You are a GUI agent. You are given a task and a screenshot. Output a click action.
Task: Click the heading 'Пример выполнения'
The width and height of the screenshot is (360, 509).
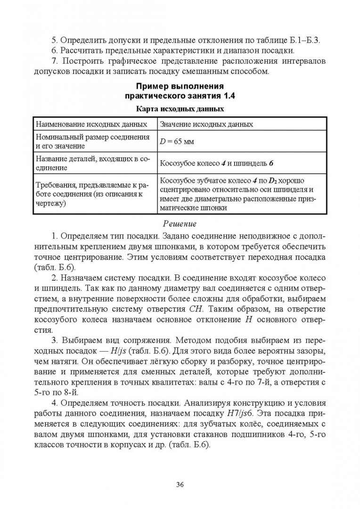(x=180, y=86)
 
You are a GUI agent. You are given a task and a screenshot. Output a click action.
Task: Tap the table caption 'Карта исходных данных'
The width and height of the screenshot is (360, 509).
(x=180, y=108)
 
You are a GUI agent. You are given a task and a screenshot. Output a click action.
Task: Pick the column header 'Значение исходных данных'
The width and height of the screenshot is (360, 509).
(x=206, y=124)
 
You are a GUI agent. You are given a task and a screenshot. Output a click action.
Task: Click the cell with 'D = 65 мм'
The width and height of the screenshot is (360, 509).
(x=177, y=141)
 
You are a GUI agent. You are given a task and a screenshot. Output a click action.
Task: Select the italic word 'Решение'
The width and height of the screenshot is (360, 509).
(x=179, y=224)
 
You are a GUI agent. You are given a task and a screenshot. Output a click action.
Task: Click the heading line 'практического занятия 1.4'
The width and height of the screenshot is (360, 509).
(x=180, y=96)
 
